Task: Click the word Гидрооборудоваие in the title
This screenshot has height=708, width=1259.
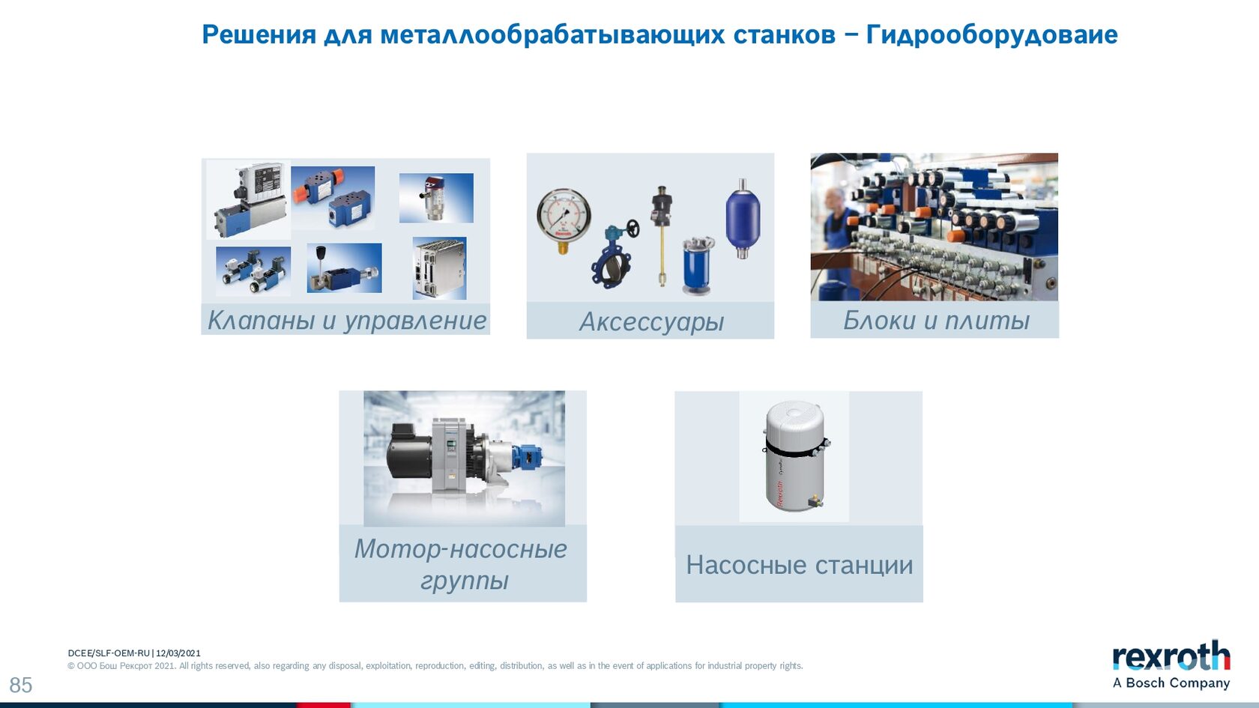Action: (991, 34)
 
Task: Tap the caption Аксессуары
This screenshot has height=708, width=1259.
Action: (651, 322)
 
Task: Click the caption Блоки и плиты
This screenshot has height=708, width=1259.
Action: (936, 321)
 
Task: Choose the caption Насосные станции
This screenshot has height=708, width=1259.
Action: (799, 565)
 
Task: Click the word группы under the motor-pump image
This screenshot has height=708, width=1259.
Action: (465, 581)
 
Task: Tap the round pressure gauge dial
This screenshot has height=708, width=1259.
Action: (564, 216)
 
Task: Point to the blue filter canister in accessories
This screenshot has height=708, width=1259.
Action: (698, 266)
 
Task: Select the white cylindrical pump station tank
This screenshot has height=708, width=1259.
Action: (794, 456)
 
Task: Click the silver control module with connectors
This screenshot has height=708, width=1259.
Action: (439, 268)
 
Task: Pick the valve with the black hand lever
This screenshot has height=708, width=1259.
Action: (344, 269)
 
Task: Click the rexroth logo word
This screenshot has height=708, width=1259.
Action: (1171, 656)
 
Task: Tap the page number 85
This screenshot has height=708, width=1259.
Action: (21, 686)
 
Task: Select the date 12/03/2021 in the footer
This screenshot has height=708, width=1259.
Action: (178, 653)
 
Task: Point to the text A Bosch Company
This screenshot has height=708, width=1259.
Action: (1171, 683)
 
